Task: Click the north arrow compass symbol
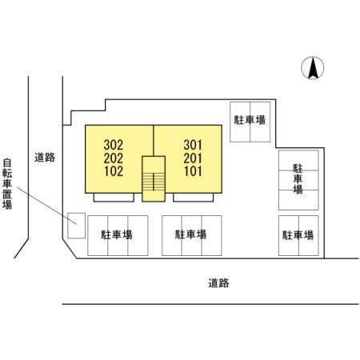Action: click(313, 68)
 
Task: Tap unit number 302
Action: click(114, 146)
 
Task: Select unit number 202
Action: click(114, 158)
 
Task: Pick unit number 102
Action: click(114, 171)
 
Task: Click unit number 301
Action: click(193, 146)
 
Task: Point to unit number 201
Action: click(193, 158)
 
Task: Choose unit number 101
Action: click(193, 171)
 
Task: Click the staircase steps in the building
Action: click(154, 182)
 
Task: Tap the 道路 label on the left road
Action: click(45, 158)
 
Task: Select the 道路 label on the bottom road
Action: click(218, 283)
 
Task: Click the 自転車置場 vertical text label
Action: click(7, 184)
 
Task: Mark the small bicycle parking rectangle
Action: click(76, 226)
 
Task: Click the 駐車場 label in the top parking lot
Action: click(250, 120)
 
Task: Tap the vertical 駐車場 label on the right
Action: click(298, 178)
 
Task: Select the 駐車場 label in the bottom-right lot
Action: click(298, 235)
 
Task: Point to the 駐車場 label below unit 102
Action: click(117, 234)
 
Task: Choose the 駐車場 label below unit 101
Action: click(190, 234)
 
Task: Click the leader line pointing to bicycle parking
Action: click(47, 206)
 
